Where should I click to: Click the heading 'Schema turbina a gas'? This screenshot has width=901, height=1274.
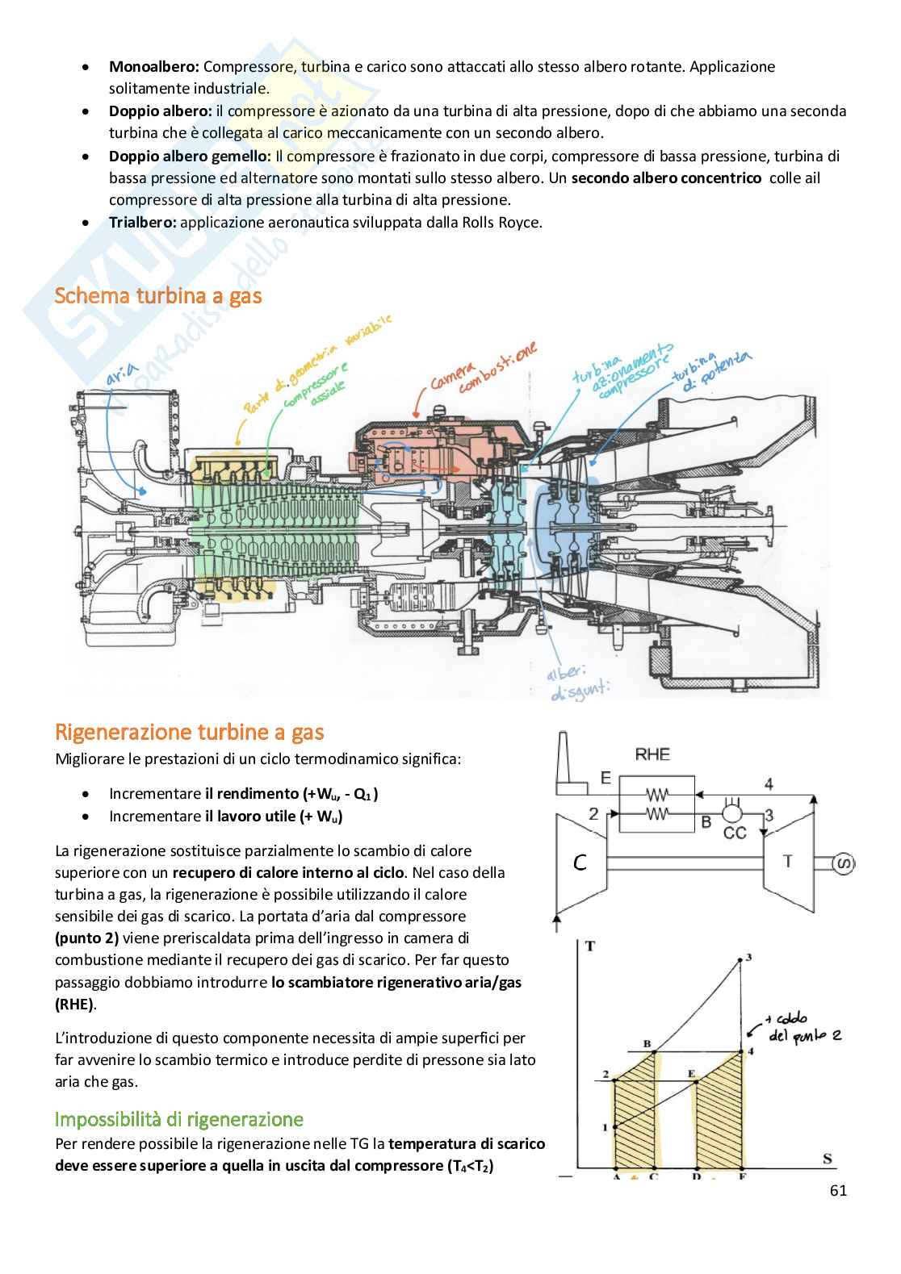click(x=158, y=296)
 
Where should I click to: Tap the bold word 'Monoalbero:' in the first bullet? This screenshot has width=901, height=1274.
click(x=154, y=67)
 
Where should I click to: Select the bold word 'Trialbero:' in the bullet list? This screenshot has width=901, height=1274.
click(x=143, y=222)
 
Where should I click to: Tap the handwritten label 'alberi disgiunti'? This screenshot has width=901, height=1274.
click(x=577, y=683)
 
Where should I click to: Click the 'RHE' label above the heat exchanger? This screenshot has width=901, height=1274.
click(x=652, y=754)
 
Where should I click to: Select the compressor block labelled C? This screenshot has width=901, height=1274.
click(x=580, y=863)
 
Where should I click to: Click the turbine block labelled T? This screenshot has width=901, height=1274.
click(x=787, y=862)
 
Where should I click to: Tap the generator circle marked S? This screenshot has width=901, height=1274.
click(x=844, y=864)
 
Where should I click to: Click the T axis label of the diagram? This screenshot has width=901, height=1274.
click(x=590, y=946)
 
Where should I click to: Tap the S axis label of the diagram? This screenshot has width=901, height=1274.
click(x=827, y=1159)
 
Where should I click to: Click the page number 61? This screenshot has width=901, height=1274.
click(x=838, y=1190)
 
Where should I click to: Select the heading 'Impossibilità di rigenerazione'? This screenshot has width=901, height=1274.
click(x=179, y=1119)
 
